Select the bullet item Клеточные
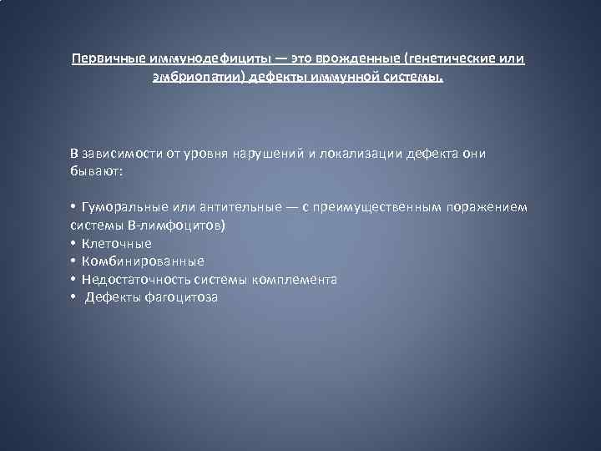point(117,243)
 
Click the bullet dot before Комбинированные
point(73,261)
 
